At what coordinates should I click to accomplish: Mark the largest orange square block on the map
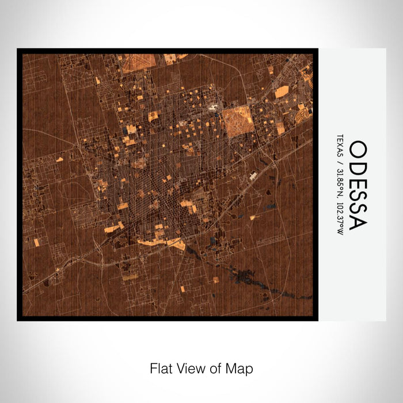pyautogui.click(x=235, y=121)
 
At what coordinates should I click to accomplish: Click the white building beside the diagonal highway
pyautogui.click(x=253, y=175)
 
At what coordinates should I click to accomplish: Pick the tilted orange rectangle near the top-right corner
pyautogui.click(x=282, y=92)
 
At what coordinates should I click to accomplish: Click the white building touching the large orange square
pyautogui.click(x=215, y=108)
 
